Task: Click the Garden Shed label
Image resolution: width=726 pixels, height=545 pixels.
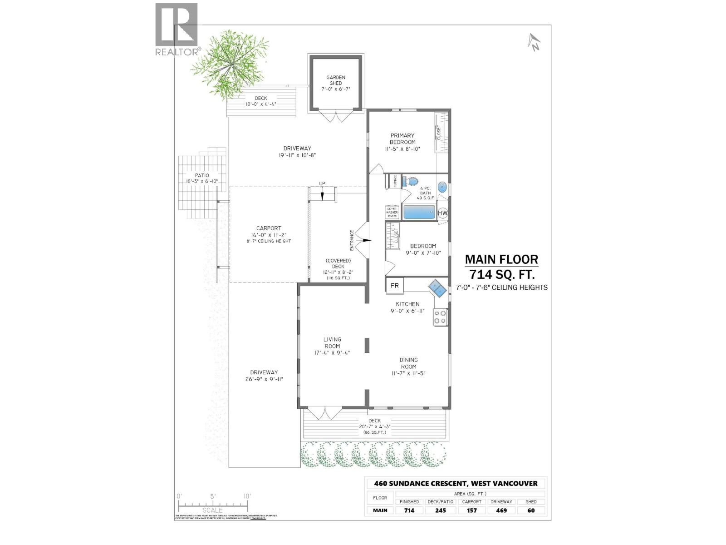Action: (x=335, y=80)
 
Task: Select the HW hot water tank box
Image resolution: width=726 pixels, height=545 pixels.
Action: (x=443, y=213)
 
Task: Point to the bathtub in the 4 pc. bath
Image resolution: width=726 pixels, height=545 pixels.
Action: (x=419, y=213)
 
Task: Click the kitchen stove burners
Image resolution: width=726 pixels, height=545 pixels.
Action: (x=440, y=317)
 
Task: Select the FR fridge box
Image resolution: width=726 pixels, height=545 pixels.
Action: (x=394, y=286)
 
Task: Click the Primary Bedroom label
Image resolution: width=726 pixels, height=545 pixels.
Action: (x=402, y=139)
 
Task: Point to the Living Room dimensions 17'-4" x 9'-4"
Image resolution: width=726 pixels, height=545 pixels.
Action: (x=332, y=353)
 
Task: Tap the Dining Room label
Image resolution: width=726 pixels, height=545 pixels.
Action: (x=408, y=363)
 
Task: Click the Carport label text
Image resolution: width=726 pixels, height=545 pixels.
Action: (x=269, y=228)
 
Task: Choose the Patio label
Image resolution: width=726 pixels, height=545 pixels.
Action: (x=202, y=175)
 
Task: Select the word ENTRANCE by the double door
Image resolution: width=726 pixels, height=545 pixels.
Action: (x=352, y=240)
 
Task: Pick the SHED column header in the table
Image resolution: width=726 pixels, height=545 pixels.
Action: (x=531, y=501)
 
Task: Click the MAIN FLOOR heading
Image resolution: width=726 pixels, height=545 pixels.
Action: (x=501, y=260)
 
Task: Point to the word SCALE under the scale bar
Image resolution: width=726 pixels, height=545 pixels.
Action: (x=212, y=510)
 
